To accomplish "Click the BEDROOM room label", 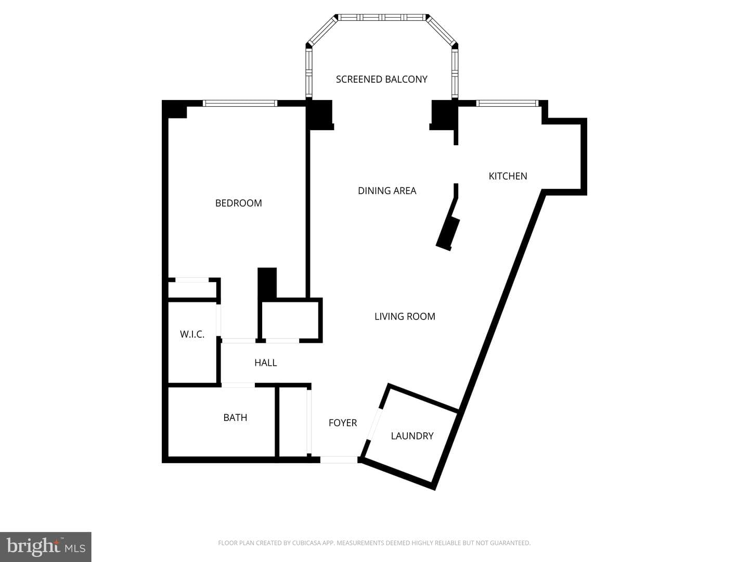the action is pos(239,203).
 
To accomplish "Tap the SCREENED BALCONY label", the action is pos(381,79).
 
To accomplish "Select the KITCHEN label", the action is pos(508,176).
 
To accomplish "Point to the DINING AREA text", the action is pos(387,191).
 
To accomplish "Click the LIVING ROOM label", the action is pos(405,316).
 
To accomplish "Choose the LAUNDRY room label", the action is pos(412,436).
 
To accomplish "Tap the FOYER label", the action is pos(343,423).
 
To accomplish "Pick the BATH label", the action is pos(235,417).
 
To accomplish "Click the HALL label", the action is pos(265,362).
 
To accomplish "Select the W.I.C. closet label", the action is pos(192,334).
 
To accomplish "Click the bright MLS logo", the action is pos(46,546).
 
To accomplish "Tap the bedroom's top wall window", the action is pos(240,104).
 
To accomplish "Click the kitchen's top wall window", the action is pos(508,103).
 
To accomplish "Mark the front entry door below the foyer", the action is pos(339,459).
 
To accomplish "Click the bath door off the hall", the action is pos(238,385).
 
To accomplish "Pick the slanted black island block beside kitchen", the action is pos(448,234).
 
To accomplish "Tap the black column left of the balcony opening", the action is pos(319,114).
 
